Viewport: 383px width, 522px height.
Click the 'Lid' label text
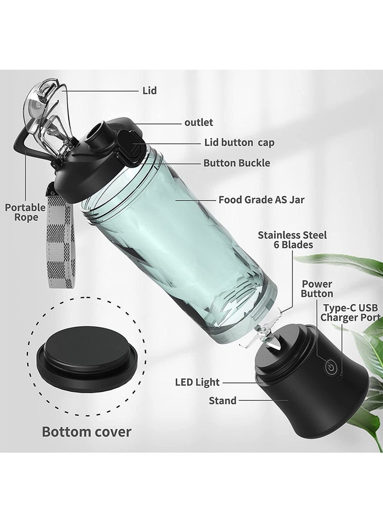(149, 90)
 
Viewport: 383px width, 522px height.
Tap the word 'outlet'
(199, 122)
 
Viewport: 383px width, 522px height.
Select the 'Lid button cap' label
(239, 143)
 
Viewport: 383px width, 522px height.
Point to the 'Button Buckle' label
(237, 163)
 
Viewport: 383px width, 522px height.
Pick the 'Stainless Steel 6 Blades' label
(293, 240)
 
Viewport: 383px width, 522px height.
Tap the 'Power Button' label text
(317, 289)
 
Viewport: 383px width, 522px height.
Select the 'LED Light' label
(197, 382)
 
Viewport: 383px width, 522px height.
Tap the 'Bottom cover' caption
(87, 431)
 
